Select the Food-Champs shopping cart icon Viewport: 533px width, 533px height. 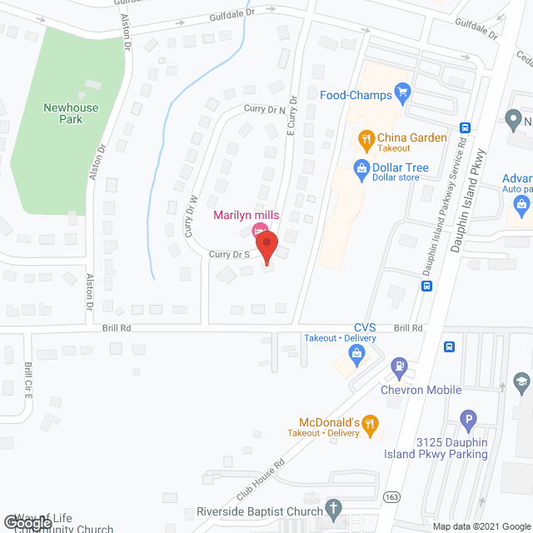coord(403,93)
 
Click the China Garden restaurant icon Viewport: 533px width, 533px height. coord(365,138)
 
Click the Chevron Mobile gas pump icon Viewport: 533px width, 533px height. coord(400,366)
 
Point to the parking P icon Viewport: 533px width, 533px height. coord(469,420)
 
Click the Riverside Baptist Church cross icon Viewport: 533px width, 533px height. coord(333,507)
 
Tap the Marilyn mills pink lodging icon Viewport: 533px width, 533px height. coord(258,231)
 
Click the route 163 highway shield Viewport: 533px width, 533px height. coord(391,497)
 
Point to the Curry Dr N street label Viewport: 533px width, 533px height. coord(264,109)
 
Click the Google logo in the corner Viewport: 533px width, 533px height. coord(27,522)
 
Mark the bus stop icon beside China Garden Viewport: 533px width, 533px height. coord(465,127)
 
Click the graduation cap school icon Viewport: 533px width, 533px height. coord(521,383)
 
